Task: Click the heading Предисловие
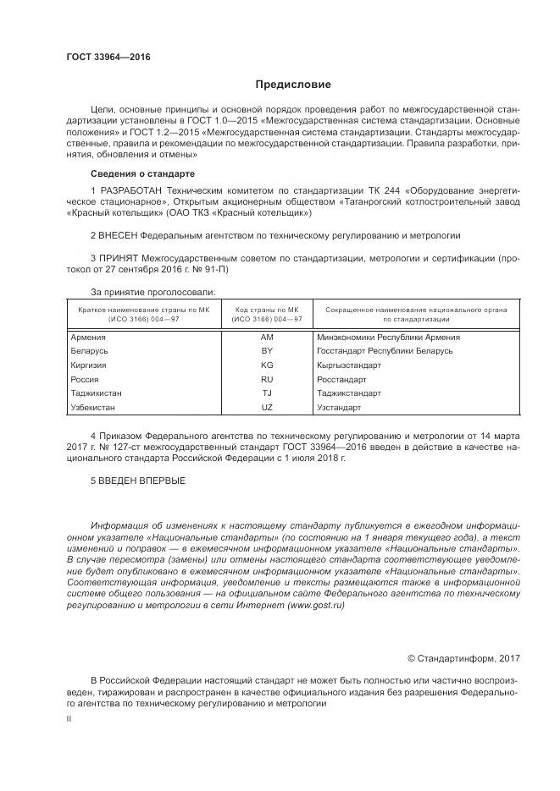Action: [293, 85]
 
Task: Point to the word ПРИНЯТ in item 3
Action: [119, 255]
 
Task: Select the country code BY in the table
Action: [267, 351]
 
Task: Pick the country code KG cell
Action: [267, 365]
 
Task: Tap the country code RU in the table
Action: [267, 379]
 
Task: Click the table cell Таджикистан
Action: [97, 393]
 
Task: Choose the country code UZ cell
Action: [267, 407]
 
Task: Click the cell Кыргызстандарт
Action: [349, 365]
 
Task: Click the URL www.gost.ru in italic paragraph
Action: [319, 606]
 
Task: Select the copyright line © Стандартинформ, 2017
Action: [463, 657]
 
